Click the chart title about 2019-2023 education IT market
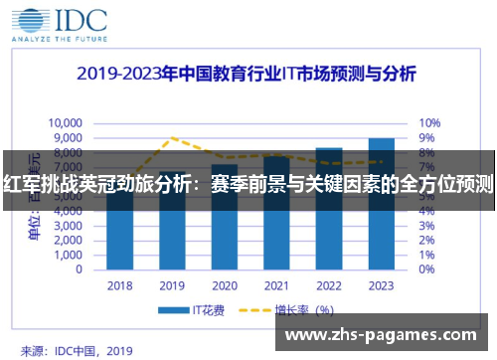tap(248, 75)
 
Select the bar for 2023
tap(381, 204)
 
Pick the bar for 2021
tap(276, 214)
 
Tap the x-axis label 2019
tap(172, 285)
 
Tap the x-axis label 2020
tap(225, 285)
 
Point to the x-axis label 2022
tap(329, 285)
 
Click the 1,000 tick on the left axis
tap(70, 255)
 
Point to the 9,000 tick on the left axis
tap(68, 137)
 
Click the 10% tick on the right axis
tap(428, 122)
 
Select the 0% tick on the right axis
tap(425, 270)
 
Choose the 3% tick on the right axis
tap(425, 226)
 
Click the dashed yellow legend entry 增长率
tap(298, 311)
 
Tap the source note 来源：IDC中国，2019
tap(76, 350)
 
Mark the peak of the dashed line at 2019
tap(172, 137)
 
